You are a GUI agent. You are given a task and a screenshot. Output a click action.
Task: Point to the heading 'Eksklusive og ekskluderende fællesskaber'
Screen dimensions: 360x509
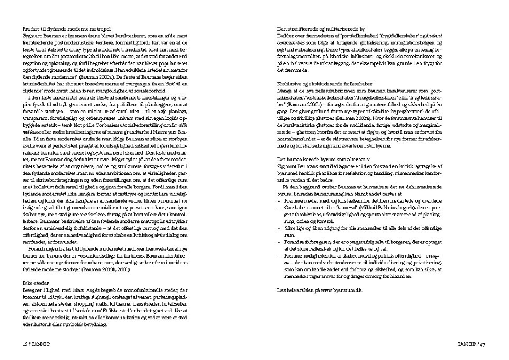click(322, 82)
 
